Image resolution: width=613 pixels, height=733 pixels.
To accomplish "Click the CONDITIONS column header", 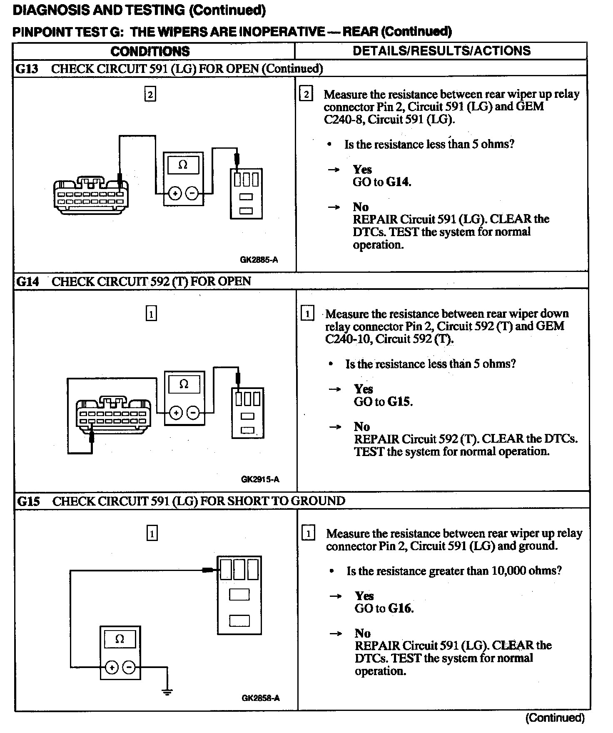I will coord(150,51).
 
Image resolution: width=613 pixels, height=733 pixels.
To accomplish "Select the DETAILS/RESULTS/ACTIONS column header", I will coord(441,51).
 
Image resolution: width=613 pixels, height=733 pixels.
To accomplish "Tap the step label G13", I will coord(27,69).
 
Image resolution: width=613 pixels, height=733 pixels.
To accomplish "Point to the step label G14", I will coord(27,282).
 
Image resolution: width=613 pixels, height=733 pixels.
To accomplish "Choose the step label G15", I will coord(28,501).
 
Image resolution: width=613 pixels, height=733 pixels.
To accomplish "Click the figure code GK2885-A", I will coord(259,260).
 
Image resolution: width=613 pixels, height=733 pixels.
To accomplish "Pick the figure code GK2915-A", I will coord(260,479).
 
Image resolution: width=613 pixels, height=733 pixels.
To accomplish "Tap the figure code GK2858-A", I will coord(260,698).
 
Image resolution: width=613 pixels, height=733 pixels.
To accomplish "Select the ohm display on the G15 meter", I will coord(120,639).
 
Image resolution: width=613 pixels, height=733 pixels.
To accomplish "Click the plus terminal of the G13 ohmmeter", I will coord(175,194).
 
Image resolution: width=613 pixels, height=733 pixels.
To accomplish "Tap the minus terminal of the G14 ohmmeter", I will coord(193,413).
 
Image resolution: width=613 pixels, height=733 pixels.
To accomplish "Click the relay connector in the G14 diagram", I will coord(247,413).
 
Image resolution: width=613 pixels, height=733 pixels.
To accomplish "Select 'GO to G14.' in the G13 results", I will coord(381,182).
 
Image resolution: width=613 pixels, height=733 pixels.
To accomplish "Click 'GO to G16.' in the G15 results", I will coord(384,608).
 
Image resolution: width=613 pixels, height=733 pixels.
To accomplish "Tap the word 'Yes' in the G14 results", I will coord(363,389).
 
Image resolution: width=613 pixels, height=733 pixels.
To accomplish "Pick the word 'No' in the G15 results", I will coord(362,633).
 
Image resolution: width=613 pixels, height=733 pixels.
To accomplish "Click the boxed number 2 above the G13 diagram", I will coord(150,95).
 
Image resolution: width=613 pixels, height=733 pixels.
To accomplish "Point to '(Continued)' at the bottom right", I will coord(555,718).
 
